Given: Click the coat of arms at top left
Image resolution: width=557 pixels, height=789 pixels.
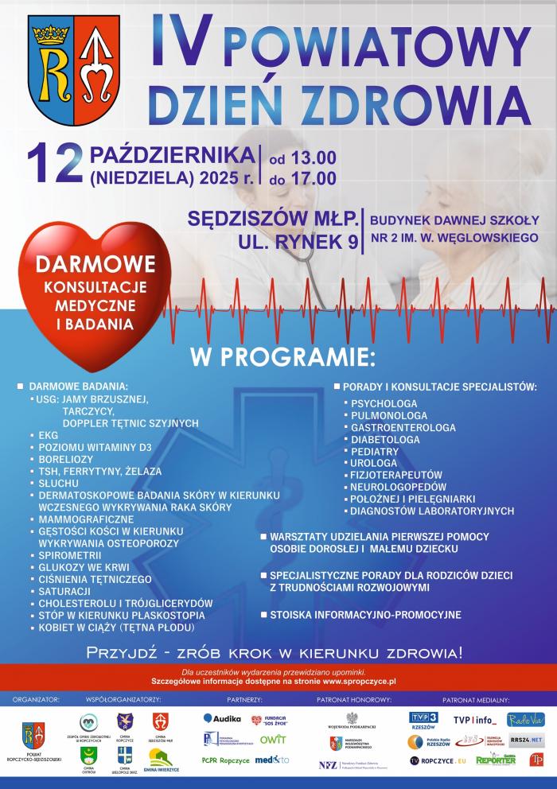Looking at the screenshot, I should (x=73, y=74).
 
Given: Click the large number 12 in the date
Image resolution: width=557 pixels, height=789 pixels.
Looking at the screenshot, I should (x=55, y=165).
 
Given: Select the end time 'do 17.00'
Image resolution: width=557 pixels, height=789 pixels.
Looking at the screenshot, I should (x=302, y=180).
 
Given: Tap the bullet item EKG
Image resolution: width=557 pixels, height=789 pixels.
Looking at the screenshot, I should (x=49, y=436).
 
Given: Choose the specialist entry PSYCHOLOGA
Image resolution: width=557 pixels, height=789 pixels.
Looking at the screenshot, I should (x=384, y=403).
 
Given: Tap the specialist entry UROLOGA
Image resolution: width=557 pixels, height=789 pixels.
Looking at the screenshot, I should (x=373, y=463).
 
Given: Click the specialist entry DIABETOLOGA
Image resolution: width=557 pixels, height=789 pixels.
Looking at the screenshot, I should (x=385, y=439).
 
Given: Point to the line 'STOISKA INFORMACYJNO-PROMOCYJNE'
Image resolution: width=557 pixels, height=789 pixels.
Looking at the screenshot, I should (x=365, y=615).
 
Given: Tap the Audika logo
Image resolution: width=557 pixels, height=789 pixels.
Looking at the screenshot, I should (x=222, y=718).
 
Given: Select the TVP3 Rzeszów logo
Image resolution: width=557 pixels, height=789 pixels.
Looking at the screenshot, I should (x=423, y=720).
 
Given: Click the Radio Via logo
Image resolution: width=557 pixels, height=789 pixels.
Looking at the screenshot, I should (x=525, y=719).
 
